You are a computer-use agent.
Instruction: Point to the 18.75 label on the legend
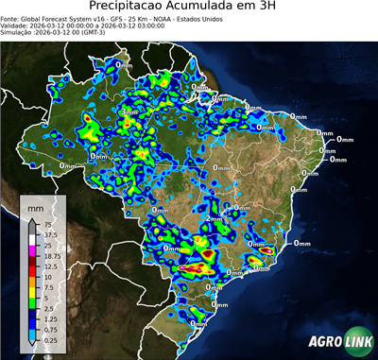tap(52, 256)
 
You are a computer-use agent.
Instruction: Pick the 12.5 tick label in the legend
tap(50, 266)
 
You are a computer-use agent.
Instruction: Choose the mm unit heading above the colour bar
tap(36, 206)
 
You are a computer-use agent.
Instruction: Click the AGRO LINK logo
tap(335, 340)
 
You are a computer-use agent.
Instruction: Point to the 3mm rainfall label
tap(129, 111)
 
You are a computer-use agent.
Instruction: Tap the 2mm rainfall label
tap(213, 219)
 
